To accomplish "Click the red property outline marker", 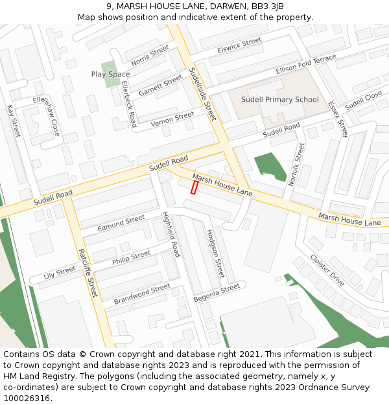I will click(194, 187).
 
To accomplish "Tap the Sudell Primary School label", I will click(280, 100).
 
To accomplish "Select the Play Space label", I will click(110, 75).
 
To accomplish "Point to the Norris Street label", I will click(150, 56).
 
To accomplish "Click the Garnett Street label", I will click(160, 85).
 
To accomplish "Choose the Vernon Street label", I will click(172, 119).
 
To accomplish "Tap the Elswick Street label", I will click(239, 45).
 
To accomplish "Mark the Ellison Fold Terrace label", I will click(306, 64).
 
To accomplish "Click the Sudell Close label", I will click(363, 100).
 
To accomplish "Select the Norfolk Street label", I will click(296, 165).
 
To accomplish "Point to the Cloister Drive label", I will click(327, 270).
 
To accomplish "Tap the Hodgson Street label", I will click(215, 253).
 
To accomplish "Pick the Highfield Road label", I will click(170, 235).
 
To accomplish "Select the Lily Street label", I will click(59, 272).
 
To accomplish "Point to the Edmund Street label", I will click(121, 224).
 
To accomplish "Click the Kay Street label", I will click(14, 121).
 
